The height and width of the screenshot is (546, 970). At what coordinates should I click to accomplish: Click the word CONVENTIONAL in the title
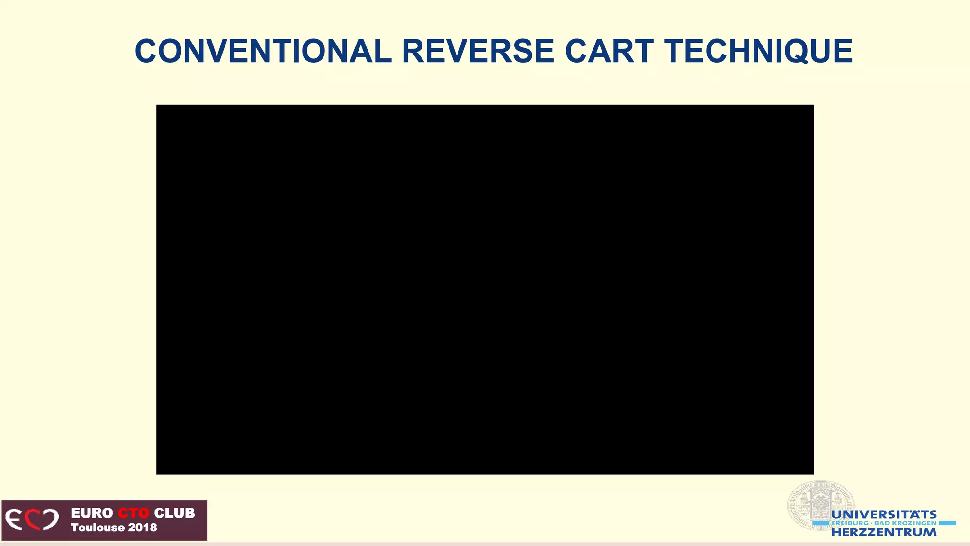coord(263,51)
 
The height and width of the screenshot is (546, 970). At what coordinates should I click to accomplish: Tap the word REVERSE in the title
coord(478,51)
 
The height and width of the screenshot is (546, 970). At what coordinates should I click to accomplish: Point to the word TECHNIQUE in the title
coord(758,51)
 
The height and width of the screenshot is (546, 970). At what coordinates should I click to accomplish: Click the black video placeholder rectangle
coord(485,289)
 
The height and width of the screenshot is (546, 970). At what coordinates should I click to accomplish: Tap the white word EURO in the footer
coord(92,513)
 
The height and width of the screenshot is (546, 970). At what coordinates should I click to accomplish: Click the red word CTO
coord(133,513)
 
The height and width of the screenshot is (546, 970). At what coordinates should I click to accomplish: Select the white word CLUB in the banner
coord(174,513)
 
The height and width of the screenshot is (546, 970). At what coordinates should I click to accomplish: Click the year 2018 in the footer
coord(142,528)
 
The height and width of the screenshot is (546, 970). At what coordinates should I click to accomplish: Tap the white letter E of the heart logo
coord(14,519)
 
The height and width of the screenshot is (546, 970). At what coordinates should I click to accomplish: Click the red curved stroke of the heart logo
coord(31,519)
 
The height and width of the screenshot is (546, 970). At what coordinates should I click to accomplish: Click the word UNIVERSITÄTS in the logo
coord(884,515)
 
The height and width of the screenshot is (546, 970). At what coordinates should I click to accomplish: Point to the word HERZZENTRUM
coord(884,532)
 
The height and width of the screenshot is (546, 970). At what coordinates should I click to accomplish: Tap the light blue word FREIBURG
coord(850,523)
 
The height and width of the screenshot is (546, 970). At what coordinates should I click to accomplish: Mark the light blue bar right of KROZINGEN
coord(947,523)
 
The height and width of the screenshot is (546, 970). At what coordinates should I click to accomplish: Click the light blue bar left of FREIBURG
coord(822,523)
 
